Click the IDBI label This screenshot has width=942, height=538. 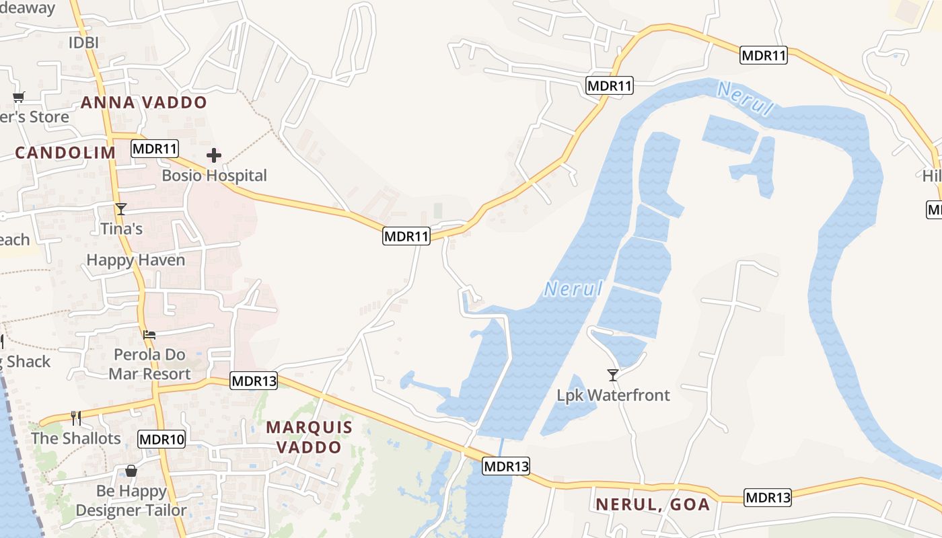coord(83,43)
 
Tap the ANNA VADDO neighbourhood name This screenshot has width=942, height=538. coord(144,103)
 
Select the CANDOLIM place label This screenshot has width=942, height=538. coord(65,153)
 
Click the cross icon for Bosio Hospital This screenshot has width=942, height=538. coord(214,156)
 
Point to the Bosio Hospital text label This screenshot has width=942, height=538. coord(214,176)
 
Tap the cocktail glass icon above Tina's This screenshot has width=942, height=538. coord(120,209)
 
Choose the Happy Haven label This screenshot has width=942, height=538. coord(135,260)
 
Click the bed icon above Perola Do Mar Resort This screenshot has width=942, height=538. coord(149,334)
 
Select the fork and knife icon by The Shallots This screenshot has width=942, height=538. coord(76,418)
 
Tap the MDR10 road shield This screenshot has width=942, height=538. coord(161,440)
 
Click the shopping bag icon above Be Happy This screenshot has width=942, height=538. coord(131,471)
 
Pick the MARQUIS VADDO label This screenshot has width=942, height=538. coord(309,437)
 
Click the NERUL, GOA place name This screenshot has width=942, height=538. coord(653,504)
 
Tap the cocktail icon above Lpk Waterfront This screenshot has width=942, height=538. coord(613,375)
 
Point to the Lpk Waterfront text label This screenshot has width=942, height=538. coord(613,395)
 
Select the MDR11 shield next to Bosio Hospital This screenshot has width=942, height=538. coord(155,149)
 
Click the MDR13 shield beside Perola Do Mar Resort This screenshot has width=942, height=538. coord(254,381)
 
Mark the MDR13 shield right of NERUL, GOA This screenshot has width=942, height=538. coord(768,498)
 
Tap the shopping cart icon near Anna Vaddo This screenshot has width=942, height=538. coord(18,97)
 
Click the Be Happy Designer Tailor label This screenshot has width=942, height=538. coord(131,501)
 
